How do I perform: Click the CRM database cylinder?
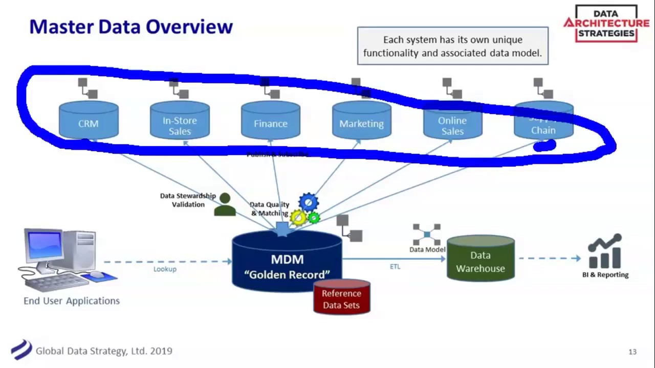(x=89, y=121)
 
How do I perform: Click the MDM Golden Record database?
(x=287, y=264)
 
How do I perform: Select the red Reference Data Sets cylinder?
(x=341, y=298)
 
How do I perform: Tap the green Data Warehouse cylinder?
(x=481, y=260)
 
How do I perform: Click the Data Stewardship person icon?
(x=225, y=204)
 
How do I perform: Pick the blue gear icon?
(x=309, y=202)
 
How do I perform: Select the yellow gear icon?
(x=298, y=218)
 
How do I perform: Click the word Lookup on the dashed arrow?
(x=165, y=269)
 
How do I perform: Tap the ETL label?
(x=395, y=266)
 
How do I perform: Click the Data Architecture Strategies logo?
(x=606, y=24)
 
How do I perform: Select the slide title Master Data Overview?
(x=131, y=27)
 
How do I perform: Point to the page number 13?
(x=632, y=352)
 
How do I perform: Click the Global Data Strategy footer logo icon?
(x=21, y=350)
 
